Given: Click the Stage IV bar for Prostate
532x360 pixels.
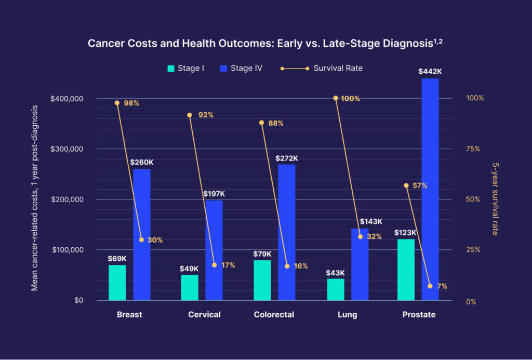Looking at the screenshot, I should click(x=430, y=190).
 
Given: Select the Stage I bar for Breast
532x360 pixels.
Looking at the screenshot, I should click(x=117, y=283).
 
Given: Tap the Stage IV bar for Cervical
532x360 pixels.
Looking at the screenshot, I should click(x=214, y=250).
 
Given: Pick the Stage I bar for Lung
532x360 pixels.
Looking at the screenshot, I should click(x=336, y=289).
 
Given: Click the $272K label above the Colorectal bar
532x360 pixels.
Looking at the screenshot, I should click(x=287, y=158).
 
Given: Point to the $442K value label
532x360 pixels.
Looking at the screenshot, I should click(x=430, y=71).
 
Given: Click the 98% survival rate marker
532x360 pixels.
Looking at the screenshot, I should click(x=117, y=103).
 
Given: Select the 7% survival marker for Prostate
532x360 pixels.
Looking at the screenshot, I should click(x=430, y=286).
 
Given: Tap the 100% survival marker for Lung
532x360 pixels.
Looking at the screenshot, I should click(x=336, y=98).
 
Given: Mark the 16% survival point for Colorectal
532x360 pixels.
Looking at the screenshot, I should click(x=287, y=266).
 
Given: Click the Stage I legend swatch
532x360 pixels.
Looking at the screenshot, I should click(x=170, y=68).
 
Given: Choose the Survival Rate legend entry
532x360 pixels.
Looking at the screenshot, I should click(x=338, y=68).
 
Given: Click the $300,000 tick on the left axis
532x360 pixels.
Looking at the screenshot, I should click(x=69, y=149).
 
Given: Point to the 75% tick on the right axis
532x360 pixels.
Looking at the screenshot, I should click(x=473, y=149).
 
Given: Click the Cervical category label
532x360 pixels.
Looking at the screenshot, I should click(x=204, y=315).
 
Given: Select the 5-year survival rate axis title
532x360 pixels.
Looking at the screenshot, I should click(x=495, y=199).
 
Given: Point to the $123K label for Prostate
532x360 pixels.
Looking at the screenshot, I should click(x=406, y=233).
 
